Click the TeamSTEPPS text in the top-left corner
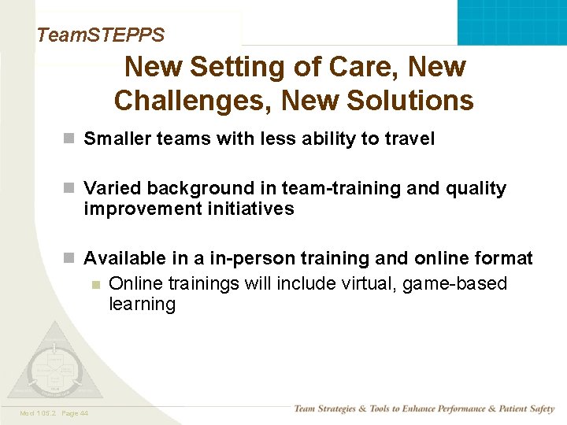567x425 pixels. coord(100,35)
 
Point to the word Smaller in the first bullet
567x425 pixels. coord(117,139)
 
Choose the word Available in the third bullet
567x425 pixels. coord(122,259)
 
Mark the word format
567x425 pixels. coord(504,259)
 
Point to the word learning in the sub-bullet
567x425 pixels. coord(142,305)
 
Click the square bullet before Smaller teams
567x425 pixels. coord(69,139)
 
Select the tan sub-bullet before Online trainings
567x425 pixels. coord(94,284)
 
